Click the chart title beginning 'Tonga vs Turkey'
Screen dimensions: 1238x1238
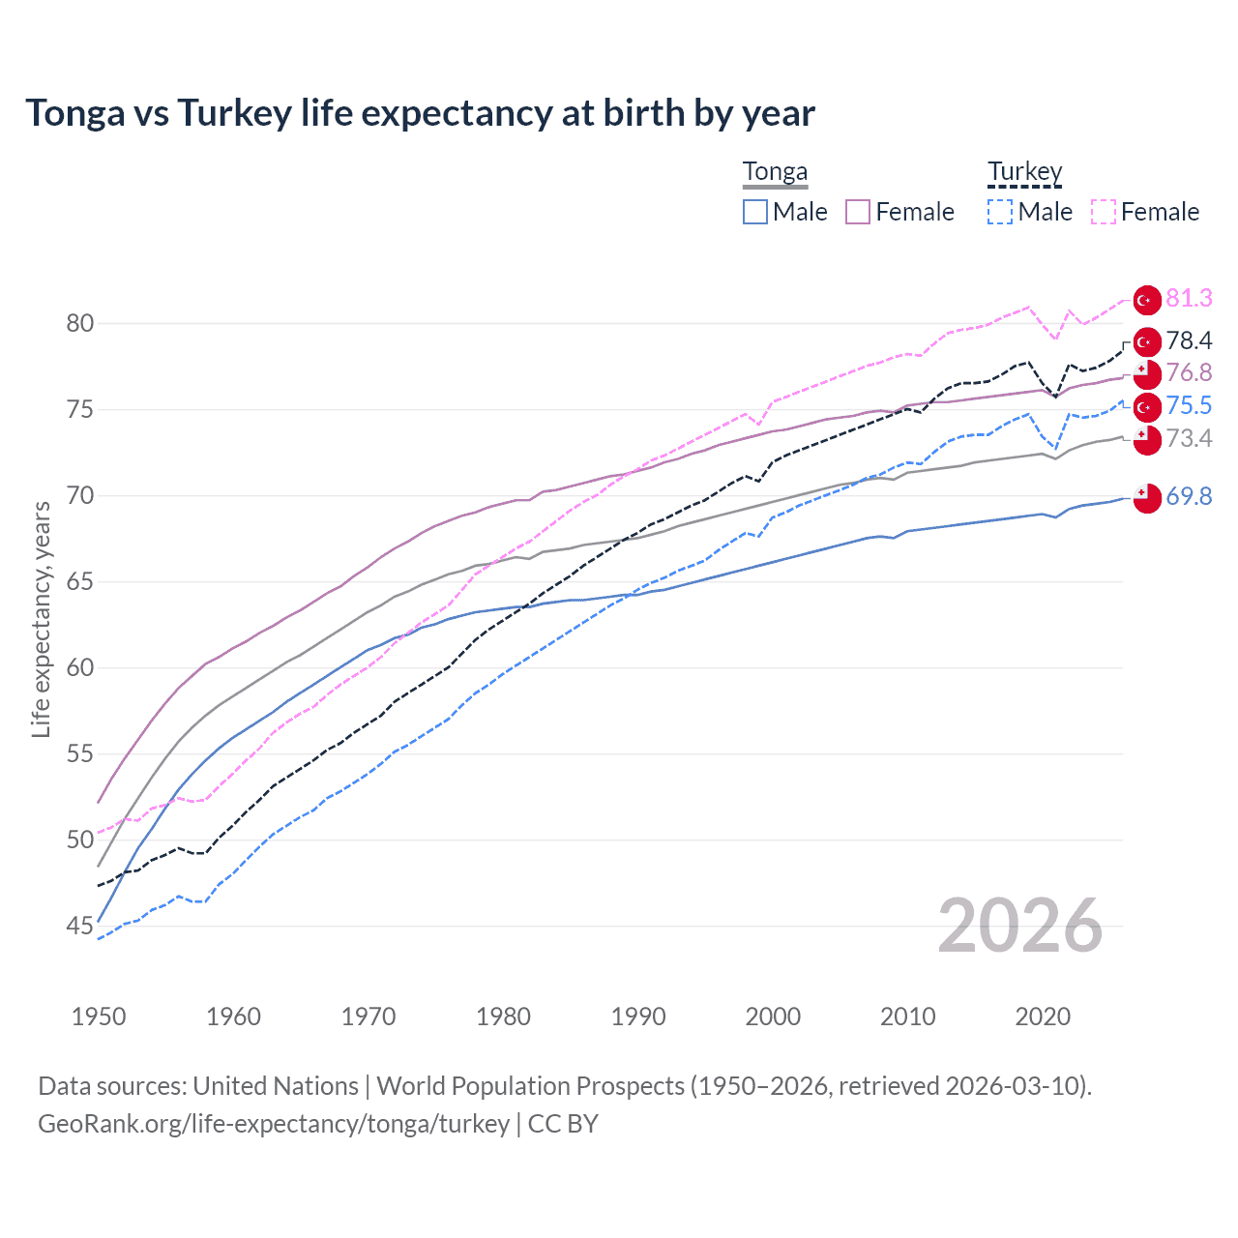click(x=420, y=113)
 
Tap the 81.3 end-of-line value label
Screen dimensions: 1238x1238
click(x=1189, y=299)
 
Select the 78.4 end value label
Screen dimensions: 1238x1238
click(x=1189, y=340)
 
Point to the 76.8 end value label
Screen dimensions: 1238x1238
click(x=1189, y=373)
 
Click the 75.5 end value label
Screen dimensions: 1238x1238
click(x=1189, y=406)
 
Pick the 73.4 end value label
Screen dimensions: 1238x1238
click(x=1189, y=439)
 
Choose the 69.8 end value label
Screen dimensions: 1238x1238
click(x=1189, y=497)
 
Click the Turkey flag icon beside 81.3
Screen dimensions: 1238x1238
click(x=1147, y=300)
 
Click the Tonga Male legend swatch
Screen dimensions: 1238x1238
click(x=755, y=212)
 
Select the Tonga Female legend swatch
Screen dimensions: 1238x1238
click(x=858, y=212)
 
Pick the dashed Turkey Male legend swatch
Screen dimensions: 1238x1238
click(x=1000, y=212)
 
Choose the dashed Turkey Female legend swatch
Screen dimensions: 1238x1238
click(x=1104, y=212)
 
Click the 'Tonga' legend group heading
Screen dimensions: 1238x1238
click(x=775, y=172)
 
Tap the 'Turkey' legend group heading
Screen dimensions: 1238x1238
click(x=1024, y=172)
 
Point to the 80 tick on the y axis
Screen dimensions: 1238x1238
click(x=80, y=324)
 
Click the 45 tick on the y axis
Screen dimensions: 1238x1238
click(x=80, y=927)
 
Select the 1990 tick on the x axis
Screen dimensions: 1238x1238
click(x=638, y=1017)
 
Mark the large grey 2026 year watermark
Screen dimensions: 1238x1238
click(x=1020, y=927)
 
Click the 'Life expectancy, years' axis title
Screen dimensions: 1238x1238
click(x=42, y=619)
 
